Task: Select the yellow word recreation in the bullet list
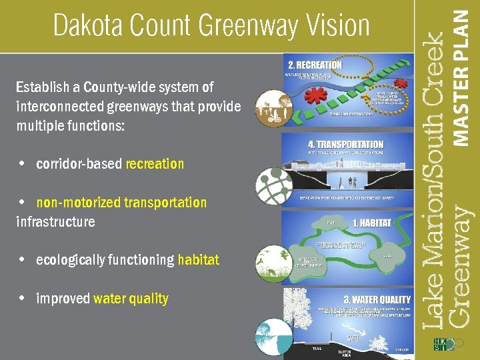[155, 164]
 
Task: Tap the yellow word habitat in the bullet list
[198, 260]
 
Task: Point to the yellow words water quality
[131, 299]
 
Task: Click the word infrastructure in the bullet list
[55, 221]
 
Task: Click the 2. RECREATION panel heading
[315, 65]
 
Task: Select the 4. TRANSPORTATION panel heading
[345, 144]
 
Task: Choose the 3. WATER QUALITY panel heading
[377, 299]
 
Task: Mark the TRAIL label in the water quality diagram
[317, 349]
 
